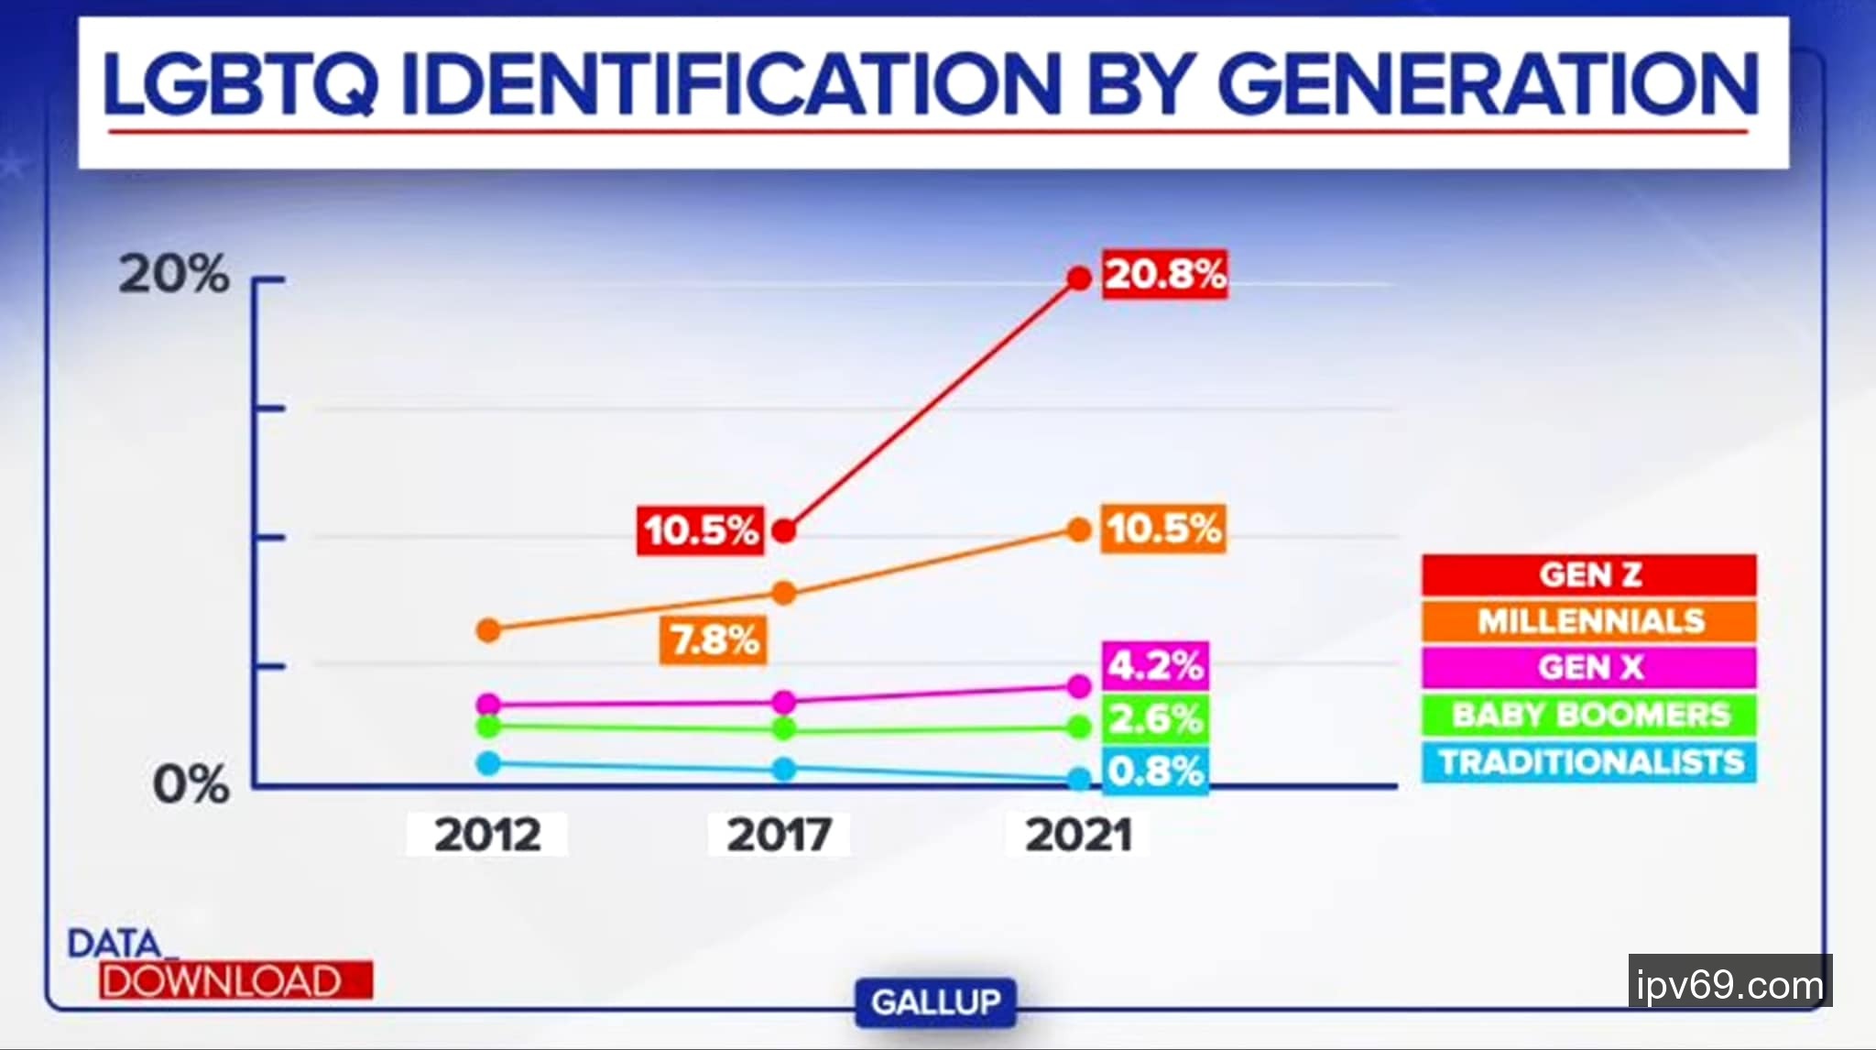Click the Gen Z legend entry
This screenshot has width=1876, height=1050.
[x=1588, y=574]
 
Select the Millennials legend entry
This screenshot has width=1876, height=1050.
[x=1588, y=621]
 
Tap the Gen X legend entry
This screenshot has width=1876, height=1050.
[x=1588, y=667]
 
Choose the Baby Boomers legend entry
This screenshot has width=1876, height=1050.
[x=1588, y=715]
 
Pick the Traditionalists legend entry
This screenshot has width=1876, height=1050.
[x=1588, y=762]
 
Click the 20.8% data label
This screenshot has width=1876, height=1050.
[x=1164, y=274]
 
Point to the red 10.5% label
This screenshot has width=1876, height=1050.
[x=701, y=530]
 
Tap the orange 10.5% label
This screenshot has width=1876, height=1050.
[x=1163, y=529]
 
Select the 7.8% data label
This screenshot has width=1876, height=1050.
[x=714, y=640]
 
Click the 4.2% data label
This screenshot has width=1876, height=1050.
[x=1155, y=665]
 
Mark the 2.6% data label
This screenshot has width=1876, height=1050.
[x=1155, y=718]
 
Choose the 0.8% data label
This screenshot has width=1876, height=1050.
[x=1155, y=771]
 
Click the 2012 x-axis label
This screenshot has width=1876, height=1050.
[x=487, y=835]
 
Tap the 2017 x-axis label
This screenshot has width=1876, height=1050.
[x=779, y=835]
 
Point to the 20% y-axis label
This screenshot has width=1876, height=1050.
[x=174, y=274]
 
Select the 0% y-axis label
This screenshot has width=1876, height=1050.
[x=191, y=785]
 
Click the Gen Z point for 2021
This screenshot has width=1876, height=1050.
[x=1079, y=279]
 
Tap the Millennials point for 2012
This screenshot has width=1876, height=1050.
[x=489, y=630]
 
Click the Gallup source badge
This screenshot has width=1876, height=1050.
[x=935, y=1002]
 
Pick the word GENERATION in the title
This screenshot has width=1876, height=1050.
[x=1488, y=84]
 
